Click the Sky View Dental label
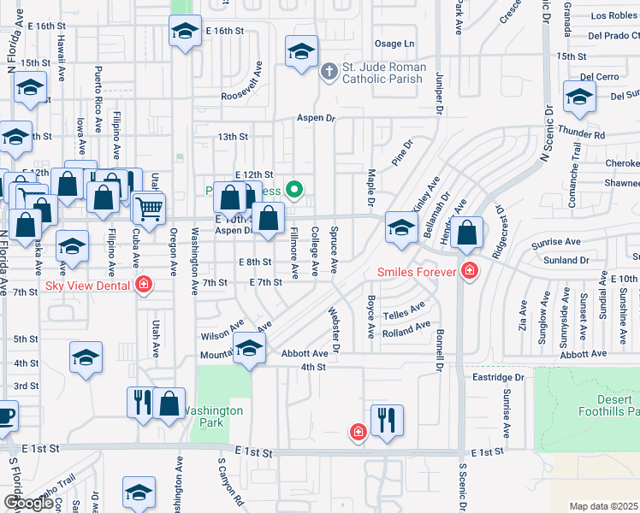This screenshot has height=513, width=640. coord(88,286)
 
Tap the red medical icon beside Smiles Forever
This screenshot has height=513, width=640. coord(469,273)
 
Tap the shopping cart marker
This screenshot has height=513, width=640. coord(149,207)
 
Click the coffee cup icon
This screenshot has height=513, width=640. coord(5,416)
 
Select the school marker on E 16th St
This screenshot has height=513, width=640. coord(184,32)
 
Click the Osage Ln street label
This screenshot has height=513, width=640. coord(394,44)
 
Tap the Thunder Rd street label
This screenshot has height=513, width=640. coord(581,135)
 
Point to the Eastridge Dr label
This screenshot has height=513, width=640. coord(497,377)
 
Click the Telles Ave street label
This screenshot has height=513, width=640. coord(404,310)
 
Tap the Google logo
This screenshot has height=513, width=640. coord(27,503)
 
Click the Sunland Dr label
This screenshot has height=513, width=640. coord(566,260)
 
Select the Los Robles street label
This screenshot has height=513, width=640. coord(613,16)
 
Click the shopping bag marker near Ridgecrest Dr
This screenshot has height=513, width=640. coord(468,233)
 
